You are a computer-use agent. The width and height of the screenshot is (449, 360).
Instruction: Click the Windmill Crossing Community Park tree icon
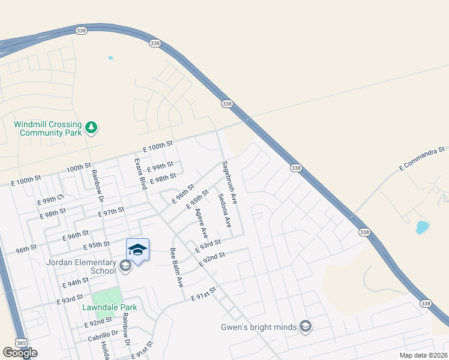91,127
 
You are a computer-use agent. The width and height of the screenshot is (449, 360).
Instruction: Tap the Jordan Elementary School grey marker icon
125,266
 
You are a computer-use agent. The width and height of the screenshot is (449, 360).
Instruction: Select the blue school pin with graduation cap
137,250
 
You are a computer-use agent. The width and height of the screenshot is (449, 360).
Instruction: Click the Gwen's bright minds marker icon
306,326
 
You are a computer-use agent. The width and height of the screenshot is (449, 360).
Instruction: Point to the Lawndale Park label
110,307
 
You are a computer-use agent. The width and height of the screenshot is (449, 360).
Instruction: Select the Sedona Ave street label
224,211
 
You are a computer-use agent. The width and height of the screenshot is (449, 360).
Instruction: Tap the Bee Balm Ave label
176,268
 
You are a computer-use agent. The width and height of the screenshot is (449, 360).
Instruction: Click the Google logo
20,353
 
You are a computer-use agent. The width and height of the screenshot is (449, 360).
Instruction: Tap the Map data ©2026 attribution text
423,355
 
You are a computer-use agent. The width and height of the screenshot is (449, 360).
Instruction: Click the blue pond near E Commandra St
422,228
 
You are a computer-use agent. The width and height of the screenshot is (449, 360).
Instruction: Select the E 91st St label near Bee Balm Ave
204,294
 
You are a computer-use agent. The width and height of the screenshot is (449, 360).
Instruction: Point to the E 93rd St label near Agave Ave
208,245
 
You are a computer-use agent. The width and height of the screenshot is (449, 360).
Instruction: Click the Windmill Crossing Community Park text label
47,128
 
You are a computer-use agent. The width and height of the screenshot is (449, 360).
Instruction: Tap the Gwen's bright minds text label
259,327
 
